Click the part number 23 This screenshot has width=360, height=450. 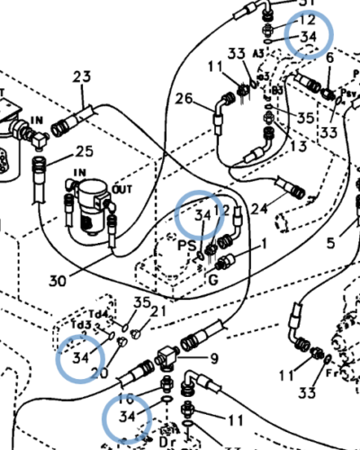pyautogui.click(x=83, y=77)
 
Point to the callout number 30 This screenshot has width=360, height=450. pyautogui.click(x=58, y=280)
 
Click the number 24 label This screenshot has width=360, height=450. pyautogui.click(x=259, y=209)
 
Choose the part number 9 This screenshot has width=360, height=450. pyautogui.click(x=213, y=358)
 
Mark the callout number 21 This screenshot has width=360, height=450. pyautogui.click(x=158, y=311)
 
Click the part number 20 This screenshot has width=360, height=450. pyautogui.click(x=99, y=373)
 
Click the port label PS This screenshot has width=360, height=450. pyautogui.click(x=187, y=244)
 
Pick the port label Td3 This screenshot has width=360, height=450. pyautogui.click(x=81, y=324)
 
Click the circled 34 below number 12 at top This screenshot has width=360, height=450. pyautogui.click(x=309, y=37)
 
